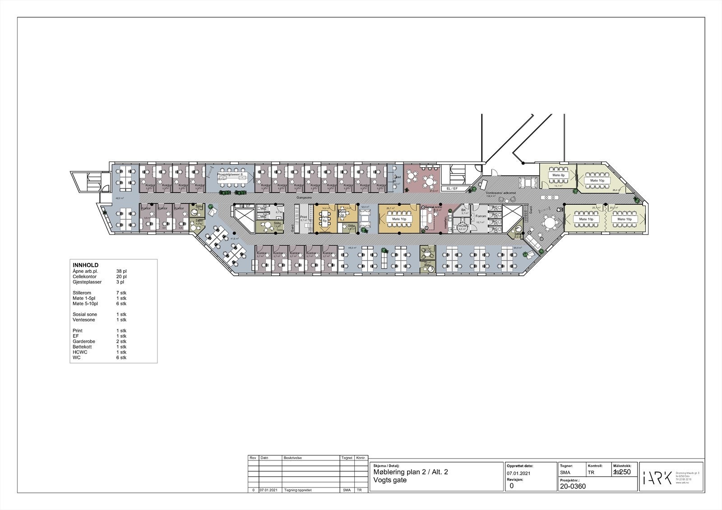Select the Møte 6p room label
tap(324, 218)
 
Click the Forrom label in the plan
tap(481, 216)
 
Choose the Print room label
tap(304, 217)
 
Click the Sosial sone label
tap(434, 207)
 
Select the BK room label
tap(463, 210)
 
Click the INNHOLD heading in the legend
tap(86, 265)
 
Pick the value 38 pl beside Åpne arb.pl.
tap(121, 271)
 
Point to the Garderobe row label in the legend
tap(84, 341)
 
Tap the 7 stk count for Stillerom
tap(121, 293)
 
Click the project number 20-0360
tap(573, 487)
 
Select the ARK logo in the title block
tap(657, 477)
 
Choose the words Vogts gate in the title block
tap(390, 480)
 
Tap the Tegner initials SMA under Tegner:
tap(565, 473)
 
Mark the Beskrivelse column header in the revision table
tap(292, 458)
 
